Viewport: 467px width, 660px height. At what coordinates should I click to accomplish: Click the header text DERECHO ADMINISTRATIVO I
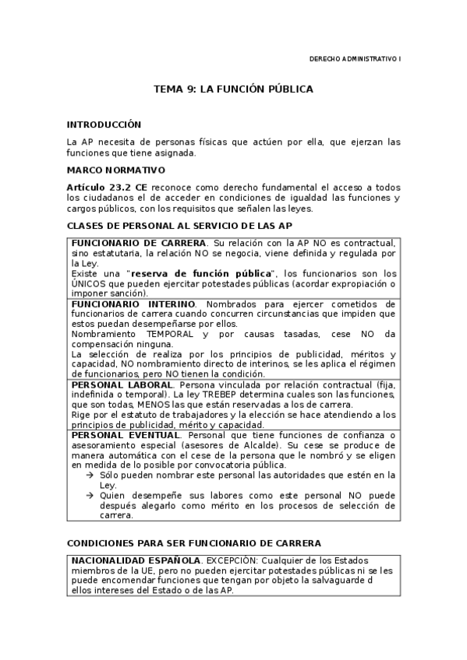point(355,58)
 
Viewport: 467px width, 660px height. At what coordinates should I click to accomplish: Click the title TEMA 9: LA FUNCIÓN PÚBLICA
point(233,90)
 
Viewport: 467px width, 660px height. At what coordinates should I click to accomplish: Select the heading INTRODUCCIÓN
point(104,124)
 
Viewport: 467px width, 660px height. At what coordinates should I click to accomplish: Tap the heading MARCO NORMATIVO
point(115,169)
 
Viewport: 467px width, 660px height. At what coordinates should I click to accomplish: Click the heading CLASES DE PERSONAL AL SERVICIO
point(179,226)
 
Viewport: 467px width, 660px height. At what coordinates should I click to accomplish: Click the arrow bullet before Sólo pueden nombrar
point(90,475)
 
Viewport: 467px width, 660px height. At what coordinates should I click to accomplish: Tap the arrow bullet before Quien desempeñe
point(90,495)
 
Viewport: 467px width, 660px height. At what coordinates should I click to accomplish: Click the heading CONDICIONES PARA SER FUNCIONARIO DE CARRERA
point(194,542)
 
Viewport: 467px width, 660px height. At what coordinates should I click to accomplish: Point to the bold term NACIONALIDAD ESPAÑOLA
point(136,560)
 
